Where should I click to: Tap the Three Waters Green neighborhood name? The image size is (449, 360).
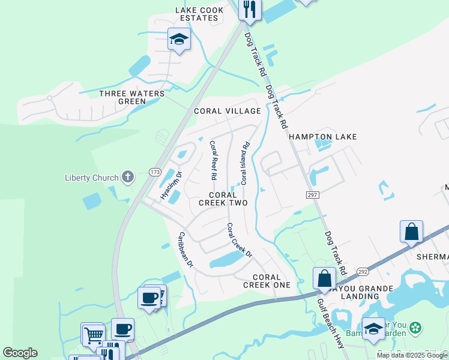coord(123,97)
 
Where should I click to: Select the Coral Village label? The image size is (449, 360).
coord(228,111)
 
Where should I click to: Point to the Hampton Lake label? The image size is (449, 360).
coord(323,137)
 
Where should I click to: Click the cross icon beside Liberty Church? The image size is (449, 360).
coord(127,177)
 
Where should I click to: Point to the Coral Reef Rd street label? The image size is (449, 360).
coord(212,161)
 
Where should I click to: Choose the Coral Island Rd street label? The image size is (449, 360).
coord(245,163)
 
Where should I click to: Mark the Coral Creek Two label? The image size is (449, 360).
coord(228,199)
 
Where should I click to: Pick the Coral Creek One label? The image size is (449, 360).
coord(267,281)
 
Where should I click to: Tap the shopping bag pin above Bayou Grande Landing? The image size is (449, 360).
coord(324,278)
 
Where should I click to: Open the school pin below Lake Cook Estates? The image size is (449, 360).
coord(179,40)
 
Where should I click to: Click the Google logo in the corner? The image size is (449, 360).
coord(20,353)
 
